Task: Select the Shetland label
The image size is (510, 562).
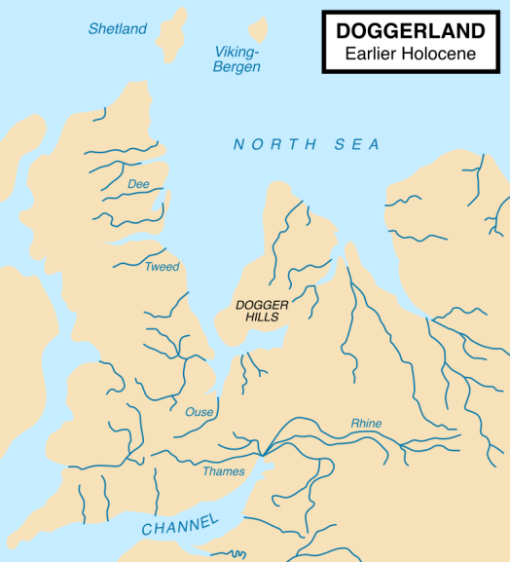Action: (x=117, y=29)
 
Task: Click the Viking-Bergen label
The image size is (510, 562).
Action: (x=237, y=59)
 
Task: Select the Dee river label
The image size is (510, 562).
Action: (x=138, y=183)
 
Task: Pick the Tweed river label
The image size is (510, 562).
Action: (x=162, y=267)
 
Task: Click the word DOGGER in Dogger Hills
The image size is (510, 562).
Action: (x=262, y=305)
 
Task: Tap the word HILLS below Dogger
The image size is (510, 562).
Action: (x=262, y=318)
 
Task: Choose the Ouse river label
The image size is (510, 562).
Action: (x=199, y=412)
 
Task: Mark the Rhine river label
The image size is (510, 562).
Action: (x=366, y=424)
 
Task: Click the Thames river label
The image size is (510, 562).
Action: (x=224, y=471)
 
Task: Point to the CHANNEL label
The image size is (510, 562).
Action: (x=180, y=526)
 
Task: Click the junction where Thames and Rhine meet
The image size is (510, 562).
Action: (x=263, y=454)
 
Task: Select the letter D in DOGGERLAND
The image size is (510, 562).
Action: (x=344, y=31)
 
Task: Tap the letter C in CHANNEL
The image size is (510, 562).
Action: (x=147, y=531)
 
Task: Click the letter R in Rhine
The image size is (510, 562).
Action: (x=355, y=424)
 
